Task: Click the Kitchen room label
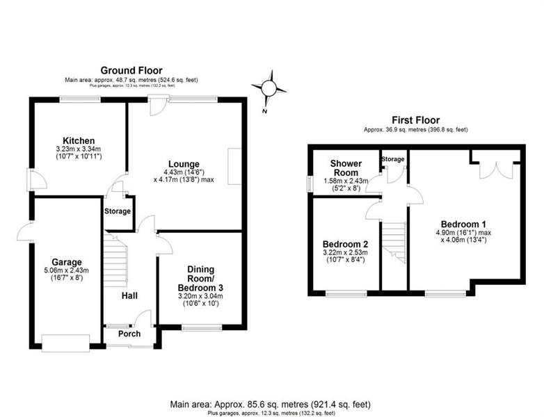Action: [79, 140]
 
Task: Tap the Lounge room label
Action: [184, 164]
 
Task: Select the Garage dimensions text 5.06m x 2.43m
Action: [67, 270]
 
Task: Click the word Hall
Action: [129, 295]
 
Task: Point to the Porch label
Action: [129, 334]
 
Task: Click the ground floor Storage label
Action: [118, 211]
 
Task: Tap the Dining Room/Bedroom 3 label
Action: [200, 279]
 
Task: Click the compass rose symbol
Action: [269, 88]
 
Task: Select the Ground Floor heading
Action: [131, 71]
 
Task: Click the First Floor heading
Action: [415, 120]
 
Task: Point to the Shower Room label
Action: [346, 168]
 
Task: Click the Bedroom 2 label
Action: [345, 244]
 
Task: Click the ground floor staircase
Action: [115, 260]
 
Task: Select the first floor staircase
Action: [394, 243]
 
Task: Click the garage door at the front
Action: [65, 343]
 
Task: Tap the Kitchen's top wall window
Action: [80, 99]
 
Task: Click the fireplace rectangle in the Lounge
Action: [234, 166]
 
